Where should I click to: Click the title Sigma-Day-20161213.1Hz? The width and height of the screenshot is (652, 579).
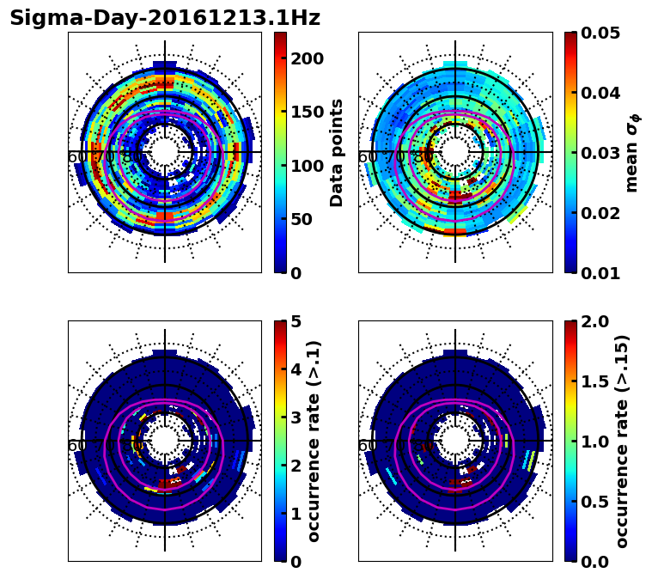pos(165,18)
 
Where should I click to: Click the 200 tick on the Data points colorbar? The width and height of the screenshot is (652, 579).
pos(308,58)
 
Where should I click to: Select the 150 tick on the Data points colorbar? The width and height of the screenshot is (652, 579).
pos(308,113)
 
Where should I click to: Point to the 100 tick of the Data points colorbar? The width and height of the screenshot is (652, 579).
pos(308,166)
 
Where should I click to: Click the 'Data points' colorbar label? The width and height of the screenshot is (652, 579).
pos(337,153)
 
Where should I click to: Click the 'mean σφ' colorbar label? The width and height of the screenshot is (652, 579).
pos(632,153)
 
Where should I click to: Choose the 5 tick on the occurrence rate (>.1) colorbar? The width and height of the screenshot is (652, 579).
pos(296,321)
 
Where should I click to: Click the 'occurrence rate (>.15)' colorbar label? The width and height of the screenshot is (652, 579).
pos(623,442)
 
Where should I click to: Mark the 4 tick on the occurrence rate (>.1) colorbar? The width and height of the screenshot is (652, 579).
pos(296,369)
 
